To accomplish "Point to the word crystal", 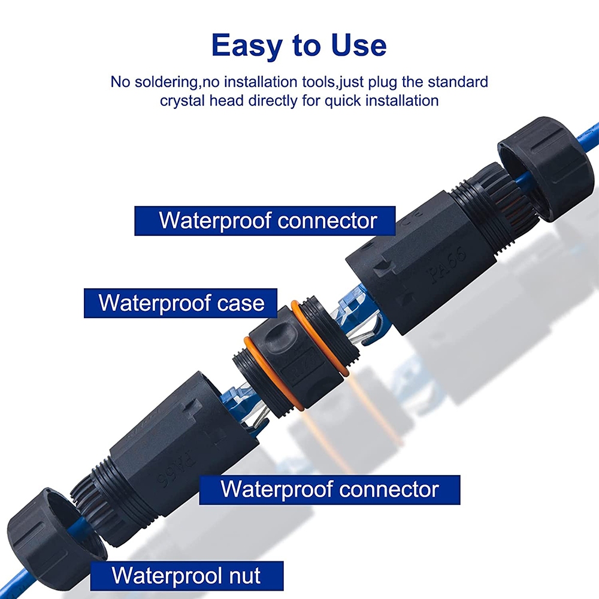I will coord(181,100).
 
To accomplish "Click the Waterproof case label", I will coord(181,302).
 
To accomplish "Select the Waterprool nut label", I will coord(186,576).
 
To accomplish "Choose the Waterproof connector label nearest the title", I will coord(268,220).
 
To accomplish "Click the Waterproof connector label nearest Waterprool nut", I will coord(329,489).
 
